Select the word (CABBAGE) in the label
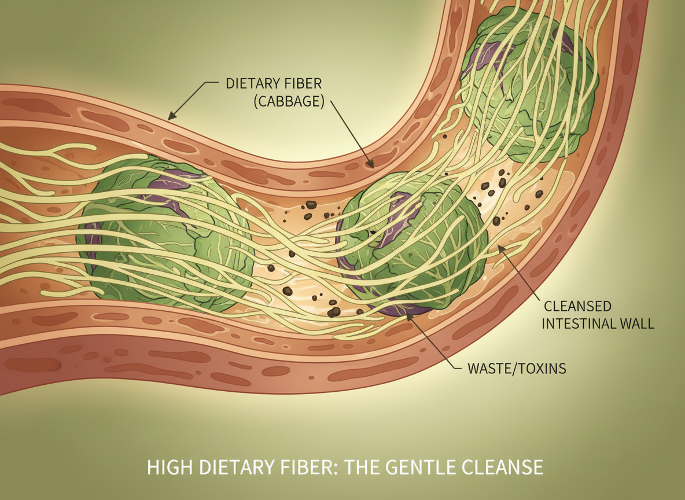286,101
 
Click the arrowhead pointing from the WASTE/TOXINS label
409,316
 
